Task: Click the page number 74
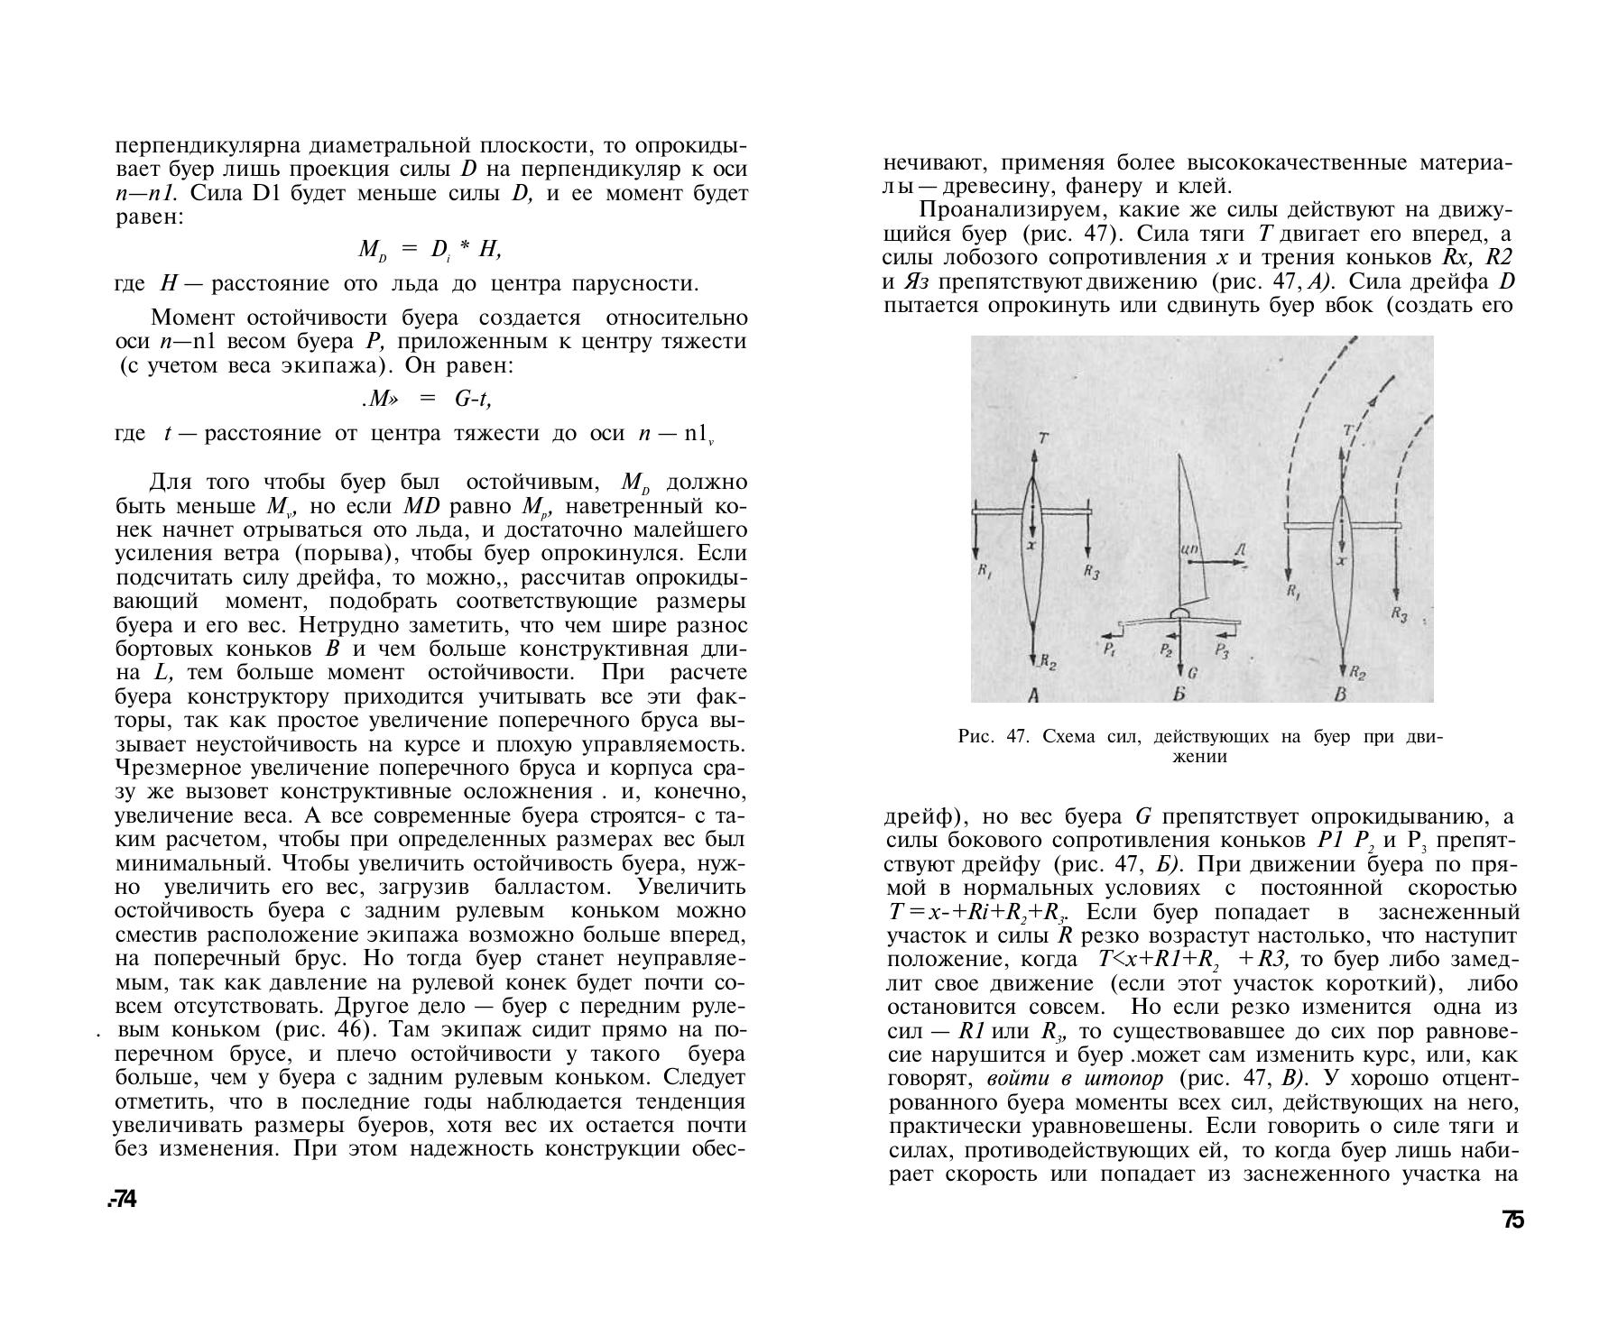pyautogui.click(x=123, y=1199)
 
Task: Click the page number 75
pyautogui.click(x=1513, y=1220)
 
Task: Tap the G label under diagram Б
pyautogui.click(x=1193, y=672)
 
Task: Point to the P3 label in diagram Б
pyautogui.click(x=1221, y=649)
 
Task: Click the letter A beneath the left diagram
pyautogui.click(x=1034, y=695)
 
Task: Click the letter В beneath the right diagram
pyautogui.click(x=1340, y=695)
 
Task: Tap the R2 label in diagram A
pyautogui.click(x=1048, y=662)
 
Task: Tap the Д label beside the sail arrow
pyautogui.click(x=1241, y=550)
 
